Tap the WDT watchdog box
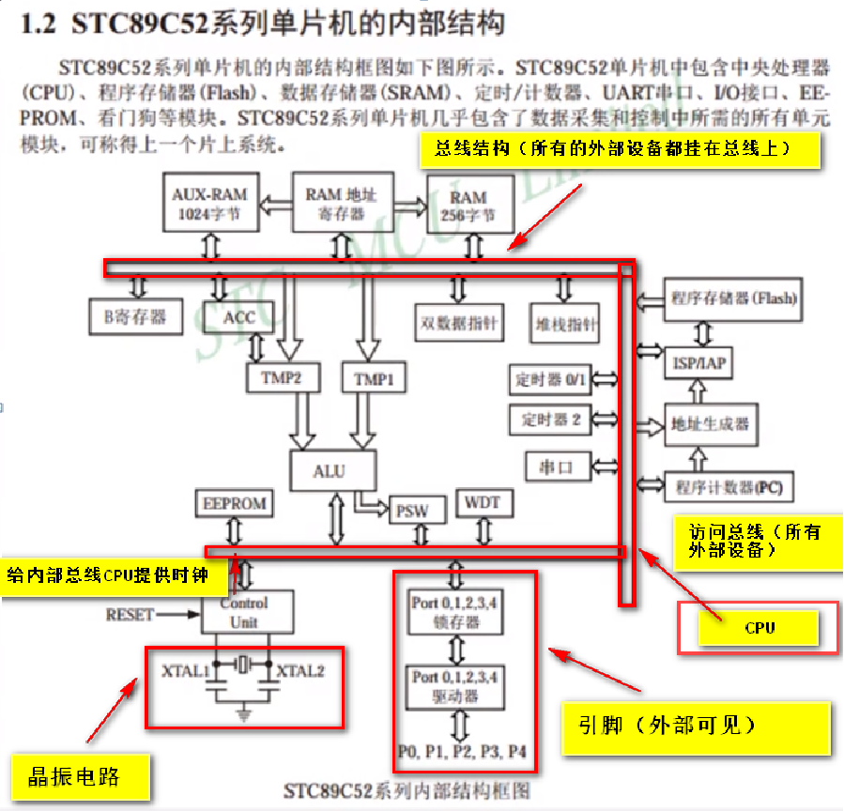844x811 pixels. click(x=483, y=503)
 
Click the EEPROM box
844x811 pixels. click(x=235, y=504)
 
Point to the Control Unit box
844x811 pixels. click(x=244, y=612)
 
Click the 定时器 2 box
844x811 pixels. click(x=551, y=420)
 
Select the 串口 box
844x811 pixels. click(x=551, y=466)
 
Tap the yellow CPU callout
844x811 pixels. click(x=759, y=627)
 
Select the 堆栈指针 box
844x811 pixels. click(x=564, y=324)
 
